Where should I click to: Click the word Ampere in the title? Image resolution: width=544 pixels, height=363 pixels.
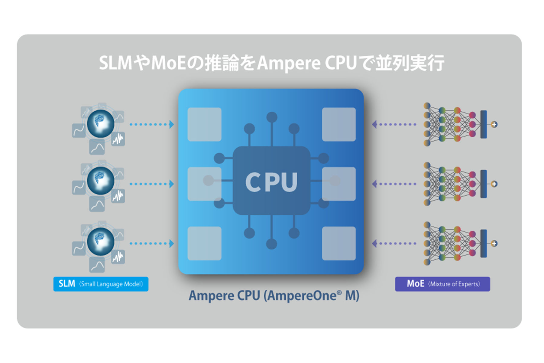tap(289, 63)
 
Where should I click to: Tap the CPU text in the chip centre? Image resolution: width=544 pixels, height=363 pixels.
tap(271, 182)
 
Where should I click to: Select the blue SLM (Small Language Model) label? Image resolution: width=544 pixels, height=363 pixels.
tap(101, 284)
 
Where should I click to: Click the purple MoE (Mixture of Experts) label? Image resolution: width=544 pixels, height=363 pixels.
tap(442, 284)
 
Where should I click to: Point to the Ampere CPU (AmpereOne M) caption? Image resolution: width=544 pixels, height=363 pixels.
tap(274, 296)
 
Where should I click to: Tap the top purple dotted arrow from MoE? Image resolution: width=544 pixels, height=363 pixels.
tap(394, 124)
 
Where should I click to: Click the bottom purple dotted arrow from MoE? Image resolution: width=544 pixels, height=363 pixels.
tap(394, 244)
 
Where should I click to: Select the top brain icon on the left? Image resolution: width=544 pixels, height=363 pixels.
tap(101, 124)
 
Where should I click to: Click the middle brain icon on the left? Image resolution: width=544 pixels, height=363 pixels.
tap(101, 181)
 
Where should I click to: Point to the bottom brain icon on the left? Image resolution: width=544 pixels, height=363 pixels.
tap(101, 241)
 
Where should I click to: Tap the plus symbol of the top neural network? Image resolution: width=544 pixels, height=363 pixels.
tap(494, 124)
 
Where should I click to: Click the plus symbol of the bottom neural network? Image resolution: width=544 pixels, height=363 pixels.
tap(494, 244)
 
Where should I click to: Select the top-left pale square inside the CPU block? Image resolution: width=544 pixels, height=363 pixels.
tap(204, 124)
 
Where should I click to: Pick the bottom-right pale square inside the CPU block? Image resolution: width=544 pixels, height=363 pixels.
tap(339, 244)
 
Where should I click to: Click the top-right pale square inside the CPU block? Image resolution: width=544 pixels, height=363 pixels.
tap(339, 124)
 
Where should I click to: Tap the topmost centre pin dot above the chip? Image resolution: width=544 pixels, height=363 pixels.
tap(272, 117)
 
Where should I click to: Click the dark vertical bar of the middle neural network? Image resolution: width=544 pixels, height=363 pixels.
tap(484, 184)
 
